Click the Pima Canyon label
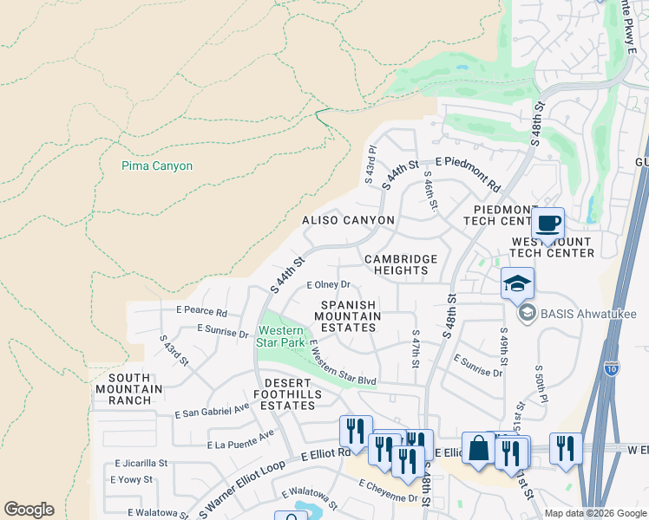click(x=157, y=166)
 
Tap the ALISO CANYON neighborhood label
click(x=347, y=221)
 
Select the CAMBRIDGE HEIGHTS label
click(x=401, y=264)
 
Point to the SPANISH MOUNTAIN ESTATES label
click(x=351, y=316)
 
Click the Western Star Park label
click(x=280, y=336)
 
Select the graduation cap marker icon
click(x=517, y=283)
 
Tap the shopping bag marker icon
click(x=478, y=448)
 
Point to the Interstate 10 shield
click(x=612, y=368)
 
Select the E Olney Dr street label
click(x=329, y=284)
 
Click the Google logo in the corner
click(x=29, y=510)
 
